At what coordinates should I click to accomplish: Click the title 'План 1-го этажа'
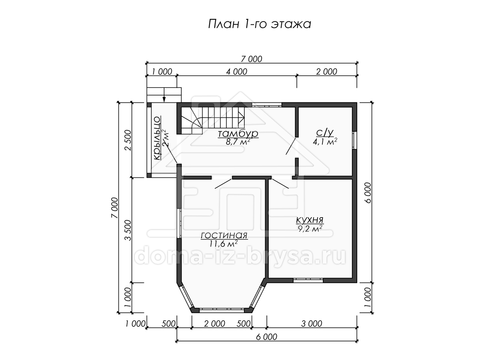259,24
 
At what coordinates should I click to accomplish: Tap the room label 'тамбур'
238,133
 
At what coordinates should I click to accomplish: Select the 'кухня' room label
310,220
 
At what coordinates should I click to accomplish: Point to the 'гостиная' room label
224,236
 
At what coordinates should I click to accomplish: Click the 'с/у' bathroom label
325,132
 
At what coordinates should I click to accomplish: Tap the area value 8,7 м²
238,142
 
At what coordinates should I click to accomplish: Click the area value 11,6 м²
224,244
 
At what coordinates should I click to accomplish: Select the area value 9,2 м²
310,229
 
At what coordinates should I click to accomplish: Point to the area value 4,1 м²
325,142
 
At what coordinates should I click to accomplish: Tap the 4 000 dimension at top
237,72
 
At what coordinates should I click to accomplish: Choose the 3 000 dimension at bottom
312,324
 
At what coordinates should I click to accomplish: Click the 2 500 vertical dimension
128,140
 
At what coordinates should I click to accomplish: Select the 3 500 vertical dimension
128,230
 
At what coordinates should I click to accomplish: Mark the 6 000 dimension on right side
368,193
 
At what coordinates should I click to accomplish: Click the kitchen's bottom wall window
308,280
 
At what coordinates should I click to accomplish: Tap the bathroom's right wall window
354,140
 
